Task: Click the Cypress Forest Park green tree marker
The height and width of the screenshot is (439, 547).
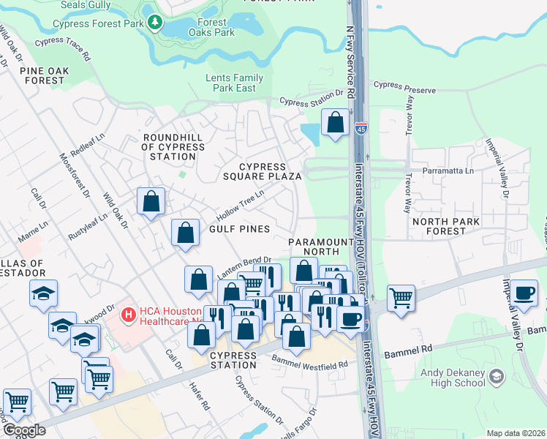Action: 154,23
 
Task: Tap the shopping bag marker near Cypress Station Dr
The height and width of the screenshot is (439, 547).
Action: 335,123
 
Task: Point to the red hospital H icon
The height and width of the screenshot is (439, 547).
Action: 129,315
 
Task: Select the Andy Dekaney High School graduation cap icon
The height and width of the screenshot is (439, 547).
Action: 497,376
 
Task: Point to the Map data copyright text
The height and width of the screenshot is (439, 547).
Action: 516,433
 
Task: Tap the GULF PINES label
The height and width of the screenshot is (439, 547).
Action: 240,229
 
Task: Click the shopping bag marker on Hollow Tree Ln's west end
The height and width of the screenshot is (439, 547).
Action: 150,201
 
